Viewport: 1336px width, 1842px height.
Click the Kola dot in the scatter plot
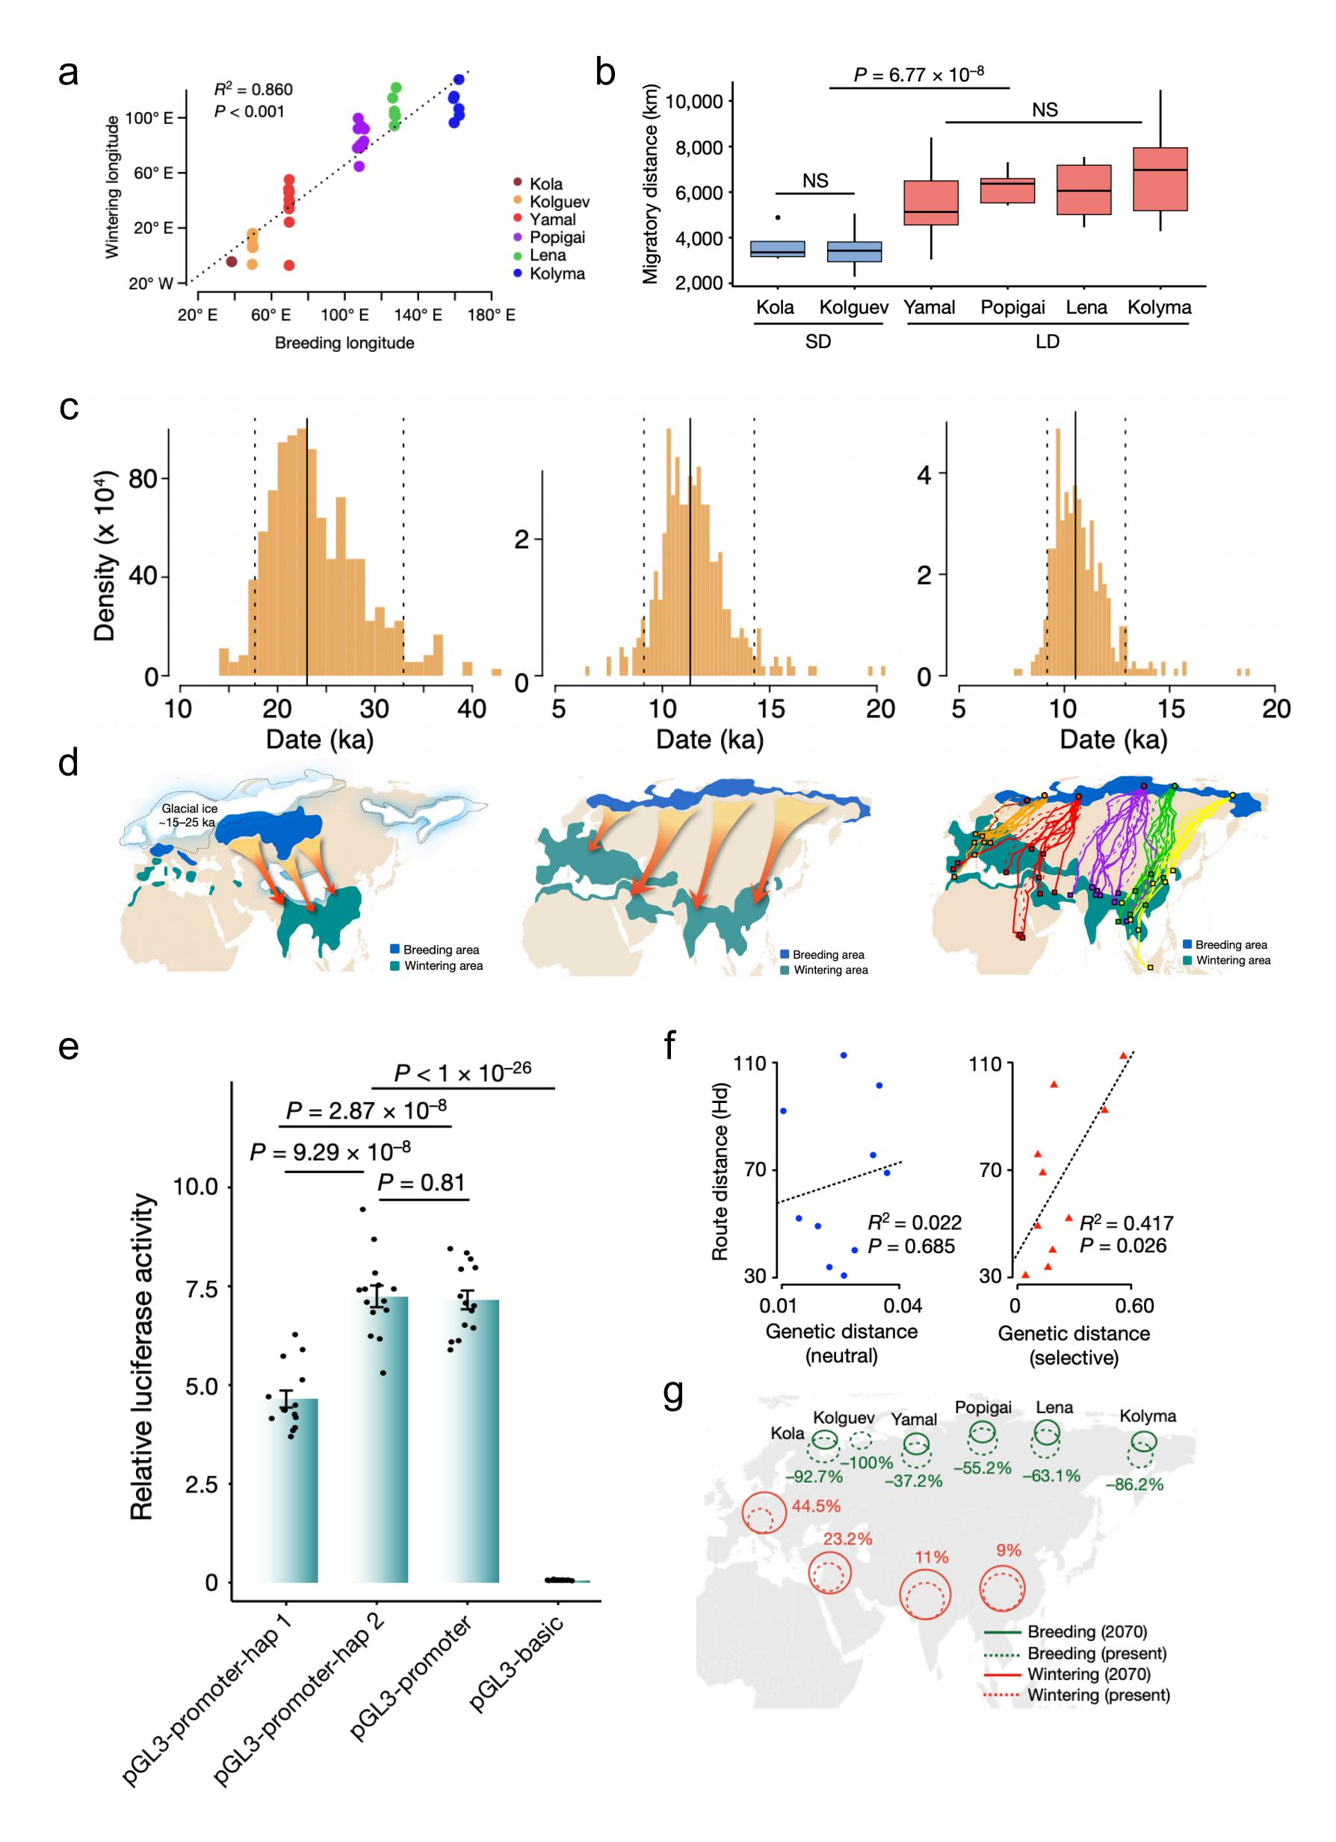click(x=232, y=262)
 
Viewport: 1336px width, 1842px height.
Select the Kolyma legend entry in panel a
click(x=557, y=273)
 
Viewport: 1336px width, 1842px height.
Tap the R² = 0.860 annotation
click(x=253, y=90)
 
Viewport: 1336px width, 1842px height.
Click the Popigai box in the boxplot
click(x=1007, y=190)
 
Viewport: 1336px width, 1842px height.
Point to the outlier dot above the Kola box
click(x=777, y=217)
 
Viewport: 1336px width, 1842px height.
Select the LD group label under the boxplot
click(x=1048, y=342)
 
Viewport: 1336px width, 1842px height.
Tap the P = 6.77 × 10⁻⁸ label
click(x=918, y=75)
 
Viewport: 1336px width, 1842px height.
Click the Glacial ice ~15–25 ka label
click(x=189, y=815)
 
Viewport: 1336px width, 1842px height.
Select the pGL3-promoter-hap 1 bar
click(x=290, y=1489)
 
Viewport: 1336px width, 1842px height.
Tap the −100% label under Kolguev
click(x=863, y=1462)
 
